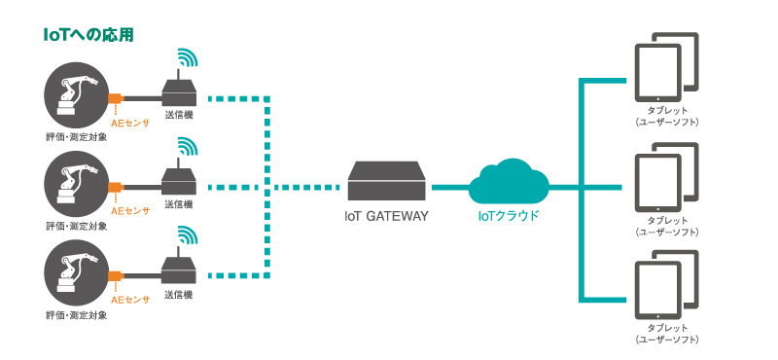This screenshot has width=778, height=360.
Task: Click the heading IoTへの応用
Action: [88, 35]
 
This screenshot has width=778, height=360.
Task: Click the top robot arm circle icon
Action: [74, 97]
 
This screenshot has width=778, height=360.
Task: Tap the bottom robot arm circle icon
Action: [74, 275]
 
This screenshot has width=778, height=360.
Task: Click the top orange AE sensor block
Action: [115, 98]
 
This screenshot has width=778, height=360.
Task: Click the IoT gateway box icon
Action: [387, 182]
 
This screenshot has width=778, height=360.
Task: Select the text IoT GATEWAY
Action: [386, 215]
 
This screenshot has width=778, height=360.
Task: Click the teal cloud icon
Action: [509, 182]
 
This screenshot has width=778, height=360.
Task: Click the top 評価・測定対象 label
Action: [76, 137]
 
